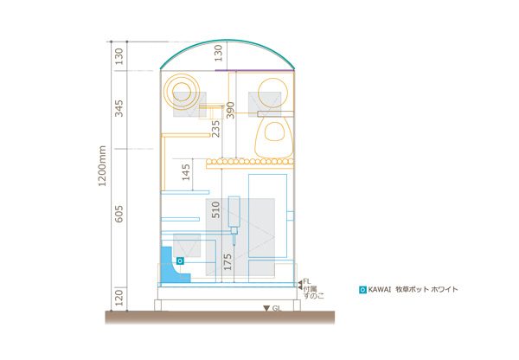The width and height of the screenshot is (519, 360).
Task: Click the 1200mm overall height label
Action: [x=102, y=166]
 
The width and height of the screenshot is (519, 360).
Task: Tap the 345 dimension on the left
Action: [x=119, y=108]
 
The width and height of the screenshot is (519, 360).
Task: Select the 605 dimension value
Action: [x=119, y=214]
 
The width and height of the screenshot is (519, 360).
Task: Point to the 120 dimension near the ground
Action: [x=119, y=298]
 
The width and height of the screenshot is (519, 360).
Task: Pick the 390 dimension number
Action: [x=230, y=110]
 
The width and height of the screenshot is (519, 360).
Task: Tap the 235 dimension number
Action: [x=215, y=129]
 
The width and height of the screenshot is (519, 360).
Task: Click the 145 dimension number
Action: [x=186, y=172]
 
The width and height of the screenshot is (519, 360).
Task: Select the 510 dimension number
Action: [x=215, y=209]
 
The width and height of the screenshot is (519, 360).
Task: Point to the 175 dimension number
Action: [x=227, y=262]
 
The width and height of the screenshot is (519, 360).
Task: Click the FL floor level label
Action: [x=307, y=281]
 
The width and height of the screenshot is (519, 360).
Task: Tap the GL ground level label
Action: [x=277, y=309]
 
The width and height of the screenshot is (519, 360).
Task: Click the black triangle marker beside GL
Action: [x=266, y=309]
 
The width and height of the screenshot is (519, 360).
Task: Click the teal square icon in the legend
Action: [x=362, y=290]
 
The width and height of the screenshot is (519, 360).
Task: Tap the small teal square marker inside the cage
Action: [x=180, y=261]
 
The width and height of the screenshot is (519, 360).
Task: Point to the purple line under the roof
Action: [x=254, y=70]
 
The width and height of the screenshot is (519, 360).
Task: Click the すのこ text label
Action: [x=314, y=296]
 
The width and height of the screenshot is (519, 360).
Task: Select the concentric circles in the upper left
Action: [x=182, y=92]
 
